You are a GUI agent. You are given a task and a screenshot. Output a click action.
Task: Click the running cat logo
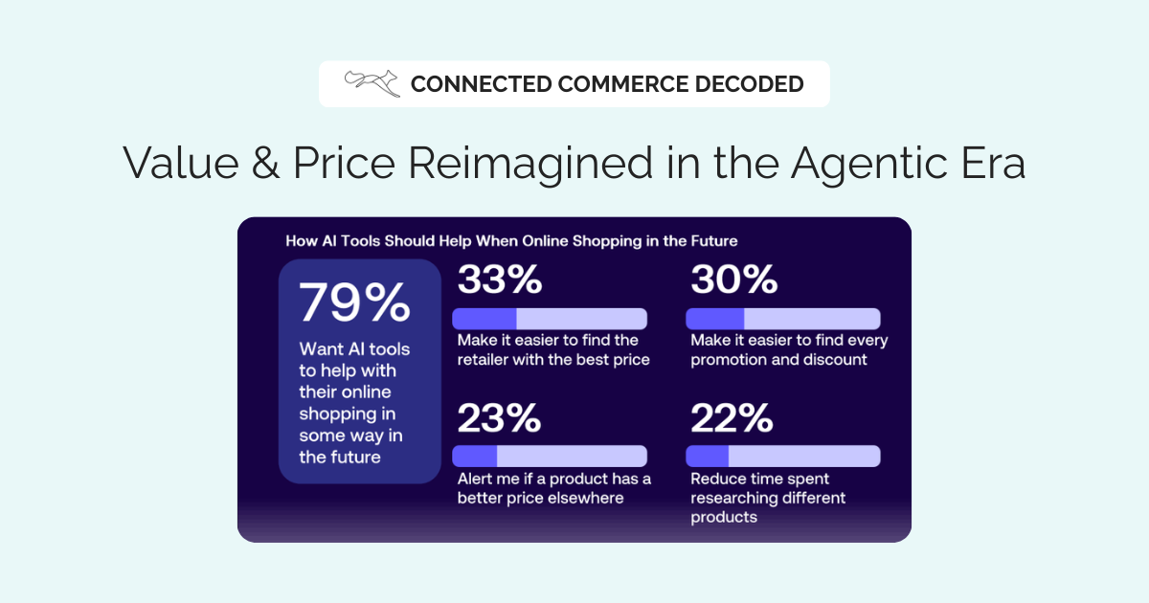click(x=372, y=83)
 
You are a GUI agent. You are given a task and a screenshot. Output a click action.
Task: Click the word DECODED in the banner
click(x=749, y=84)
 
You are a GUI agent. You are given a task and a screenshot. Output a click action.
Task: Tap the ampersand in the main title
click(x=266, y=163)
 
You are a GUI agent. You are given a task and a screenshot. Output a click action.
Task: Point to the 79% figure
click(x=354, y=302)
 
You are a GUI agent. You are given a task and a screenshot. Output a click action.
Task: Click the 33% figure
click(x=500, y=279)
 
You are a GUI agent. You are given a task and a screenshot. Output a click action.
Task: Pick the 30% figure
click(x=734, y=279)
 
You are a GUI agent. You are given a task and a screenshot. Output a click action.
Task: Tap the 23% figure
click(x=499, y=417)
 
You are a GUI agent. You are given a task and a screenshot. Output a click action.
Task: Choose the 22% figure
click(x=732, y=417)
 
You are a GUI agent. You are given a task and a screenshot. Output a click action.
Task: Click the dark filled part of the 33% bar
click(x=484, y=319)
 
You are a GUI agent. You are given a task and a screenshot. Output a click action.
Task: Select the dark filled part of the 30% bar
click(x=715, y=319)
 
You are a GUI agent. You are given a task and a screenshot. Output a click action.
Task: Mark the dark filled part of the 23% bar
click(x=475, y=456)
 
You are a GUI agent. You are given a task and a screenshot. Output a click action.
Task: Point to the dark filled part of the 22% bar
click(x=708, y=456)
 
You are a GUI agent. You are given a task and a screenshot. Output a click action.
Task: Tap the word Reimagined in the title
click(x=530, y=164)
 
